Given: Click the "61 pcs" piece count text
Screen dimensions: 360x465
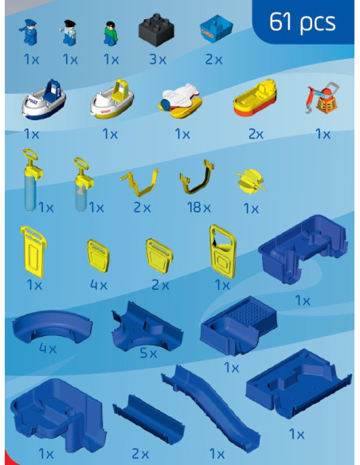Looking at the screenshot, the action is point(302,22).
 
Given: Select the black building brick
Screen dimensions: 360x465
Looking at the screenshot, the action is point(156,30).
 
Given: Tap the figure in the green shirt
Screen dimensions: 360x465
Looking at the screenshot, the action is point(111,33).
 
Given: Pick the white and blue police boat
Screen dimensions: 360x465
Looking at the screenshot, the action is point(44,99).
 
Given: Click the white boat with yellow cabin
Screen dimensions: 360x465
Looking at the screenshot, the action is point(112,99).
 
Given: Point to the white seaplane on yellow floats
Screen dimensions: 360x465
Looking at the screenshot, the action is point(180,100).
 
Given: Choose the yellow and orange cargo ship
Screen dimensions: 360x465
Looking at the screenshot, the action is point(255,98).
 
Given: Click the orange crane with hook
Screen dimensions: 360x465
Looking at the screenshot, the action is point(323,98).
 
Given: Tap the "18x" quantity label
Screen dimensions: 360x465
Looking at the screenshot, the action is point(198,207).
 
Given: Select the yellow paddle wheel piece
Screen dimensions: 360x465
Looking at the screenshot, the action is point(251,182).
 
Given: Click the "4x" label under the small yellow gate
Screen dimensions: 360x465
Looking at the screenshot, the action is point(99,285).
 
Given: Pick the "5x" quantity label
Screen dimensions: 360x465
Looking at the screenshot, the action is point(148,353).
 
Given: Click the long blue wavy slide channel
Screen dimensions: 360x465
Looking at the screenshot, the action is point(211,408).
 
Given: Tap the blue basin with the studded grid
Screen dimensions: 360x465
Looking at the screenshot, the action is point(239,326).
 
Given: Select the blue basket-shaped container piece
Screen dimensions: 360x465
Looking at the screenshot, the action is point(216,29).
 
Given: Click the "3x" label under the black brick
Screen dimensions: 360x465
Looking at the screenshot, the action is point(158,60).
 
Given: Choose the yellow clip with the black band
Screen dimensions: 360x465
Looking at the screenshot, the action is point(197,177).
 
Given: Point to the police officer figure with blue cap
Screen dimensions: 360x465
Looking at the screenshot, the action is point(29,32).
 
